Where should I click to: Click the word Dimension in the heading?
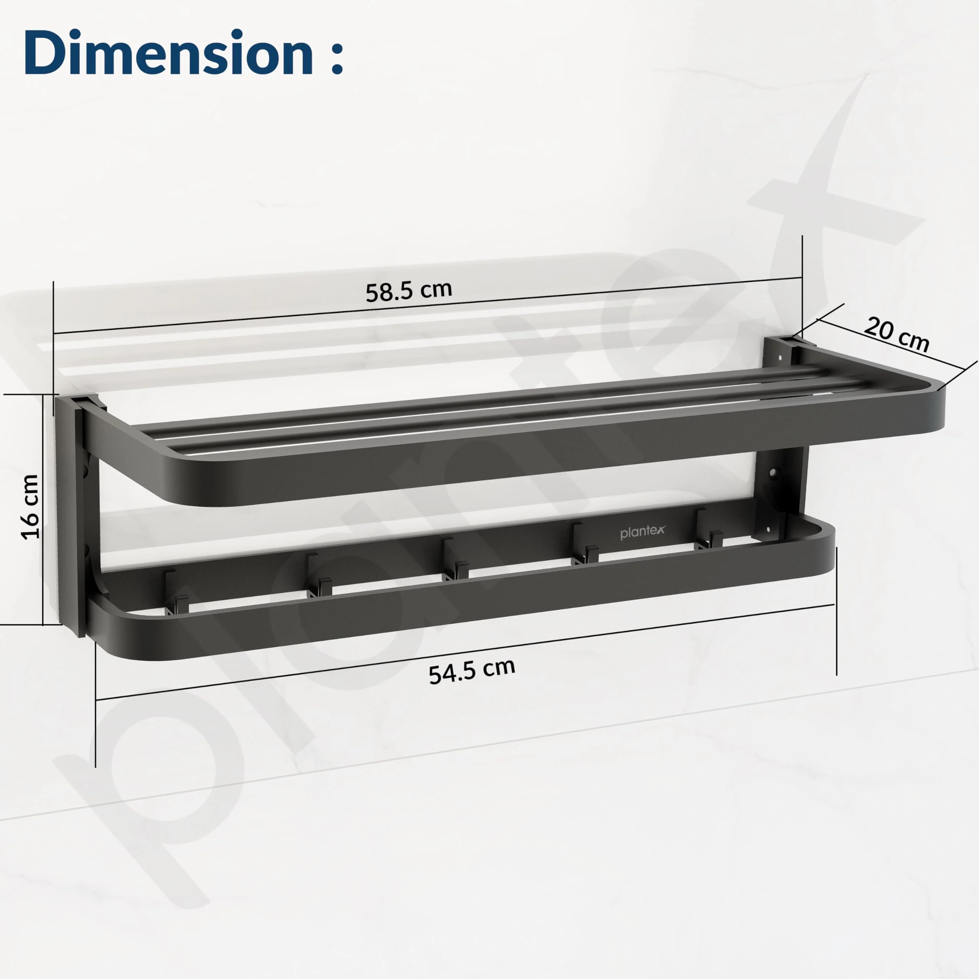point(168,52)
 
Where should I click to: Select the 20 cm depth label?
point(896,334)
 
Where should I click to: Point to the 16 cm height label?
point(31,507)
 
